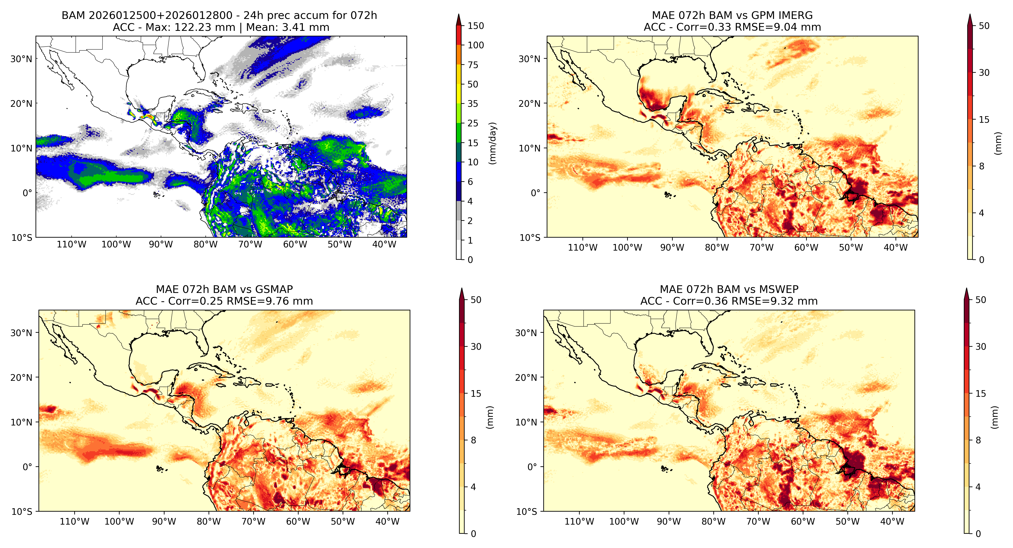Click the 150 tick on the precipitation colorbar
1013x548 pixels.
475,26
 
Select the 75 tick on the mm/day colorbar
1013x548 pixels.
473,65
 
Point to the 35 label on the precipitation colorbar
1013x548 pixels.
473,104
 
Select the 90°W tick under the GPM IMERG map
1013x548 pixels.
672,247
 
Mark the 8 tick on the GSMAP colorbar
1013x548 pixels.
474,440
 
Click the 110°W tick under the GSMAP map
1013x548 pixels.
74,522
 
